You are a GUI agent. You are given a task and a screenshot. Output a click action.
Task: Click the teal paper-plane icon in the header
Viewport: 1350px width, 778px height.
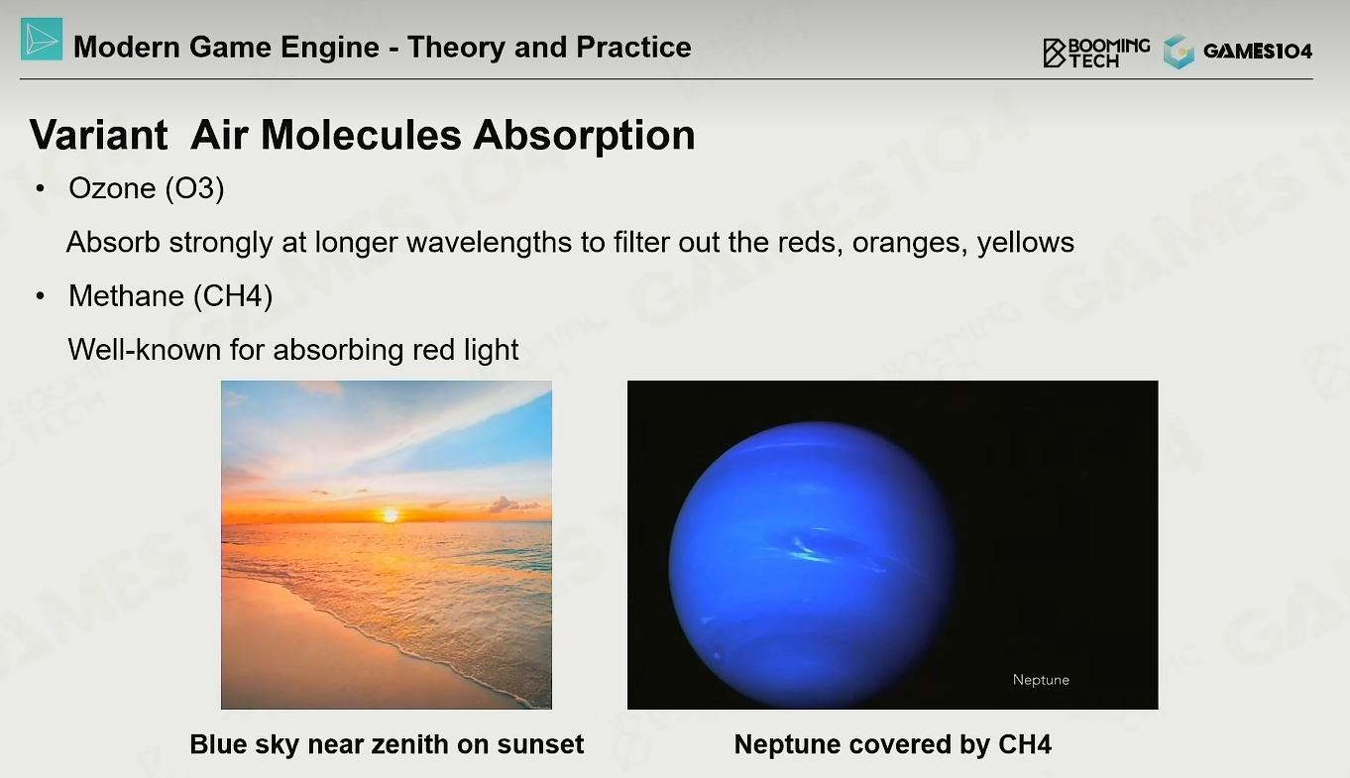point(42,40)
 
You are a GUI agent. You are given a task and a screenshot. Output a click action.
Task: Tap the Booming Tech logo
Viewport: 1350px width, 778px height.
point(1096,54)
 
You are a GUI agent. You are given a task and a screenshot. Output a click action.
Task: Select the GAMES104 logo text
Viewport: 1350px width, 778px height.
point(1258,52)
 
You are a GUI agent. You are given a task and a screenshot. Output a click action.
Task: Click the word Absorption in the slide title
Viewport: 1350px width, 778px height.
point(584,135)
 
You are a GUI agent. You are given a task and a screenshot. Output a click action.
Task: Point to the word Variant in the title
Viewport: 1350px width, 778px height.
point(99,135)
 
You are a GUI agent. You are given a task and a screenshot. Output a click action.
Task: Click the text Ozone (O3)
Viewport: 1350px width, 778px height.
point(147,188)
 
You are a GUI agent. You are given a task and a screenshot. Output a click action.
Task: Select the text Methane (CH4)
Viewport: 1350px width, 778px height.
point(170,296)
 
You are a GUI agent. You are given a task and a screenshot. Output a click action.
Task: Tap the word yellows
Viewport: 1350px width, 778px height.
point(1025,243)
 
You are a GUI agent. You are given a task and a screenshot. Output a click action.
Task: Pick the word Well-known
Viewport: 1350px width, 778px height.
point(144,350)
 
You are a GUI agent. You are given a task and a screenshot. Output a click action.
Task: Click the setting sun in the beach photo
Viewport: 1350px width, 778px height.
point(391,515)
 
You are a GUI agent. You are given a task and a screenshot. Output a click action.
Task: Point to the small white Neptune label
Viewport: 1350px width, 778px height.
point(1041,680)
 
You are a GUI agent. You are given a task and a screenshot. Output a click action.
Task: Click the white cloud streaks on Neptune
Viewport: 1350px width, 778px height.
point(811,548)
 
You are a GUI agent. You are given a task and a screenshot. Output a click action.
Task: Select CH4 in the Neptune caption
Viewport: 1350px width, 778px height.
point(1025,744)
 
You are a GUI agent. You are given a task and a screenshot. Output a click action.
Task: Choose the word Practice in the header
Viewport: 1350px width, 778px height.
point(633,47)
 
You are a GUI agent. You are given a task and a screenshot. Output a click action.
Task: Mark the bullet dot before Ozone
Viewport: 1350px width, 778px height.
point(41,188)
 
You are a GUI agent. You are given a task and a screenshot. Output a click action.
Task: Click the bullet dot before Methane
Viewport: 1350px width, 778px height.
point(41,296)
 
